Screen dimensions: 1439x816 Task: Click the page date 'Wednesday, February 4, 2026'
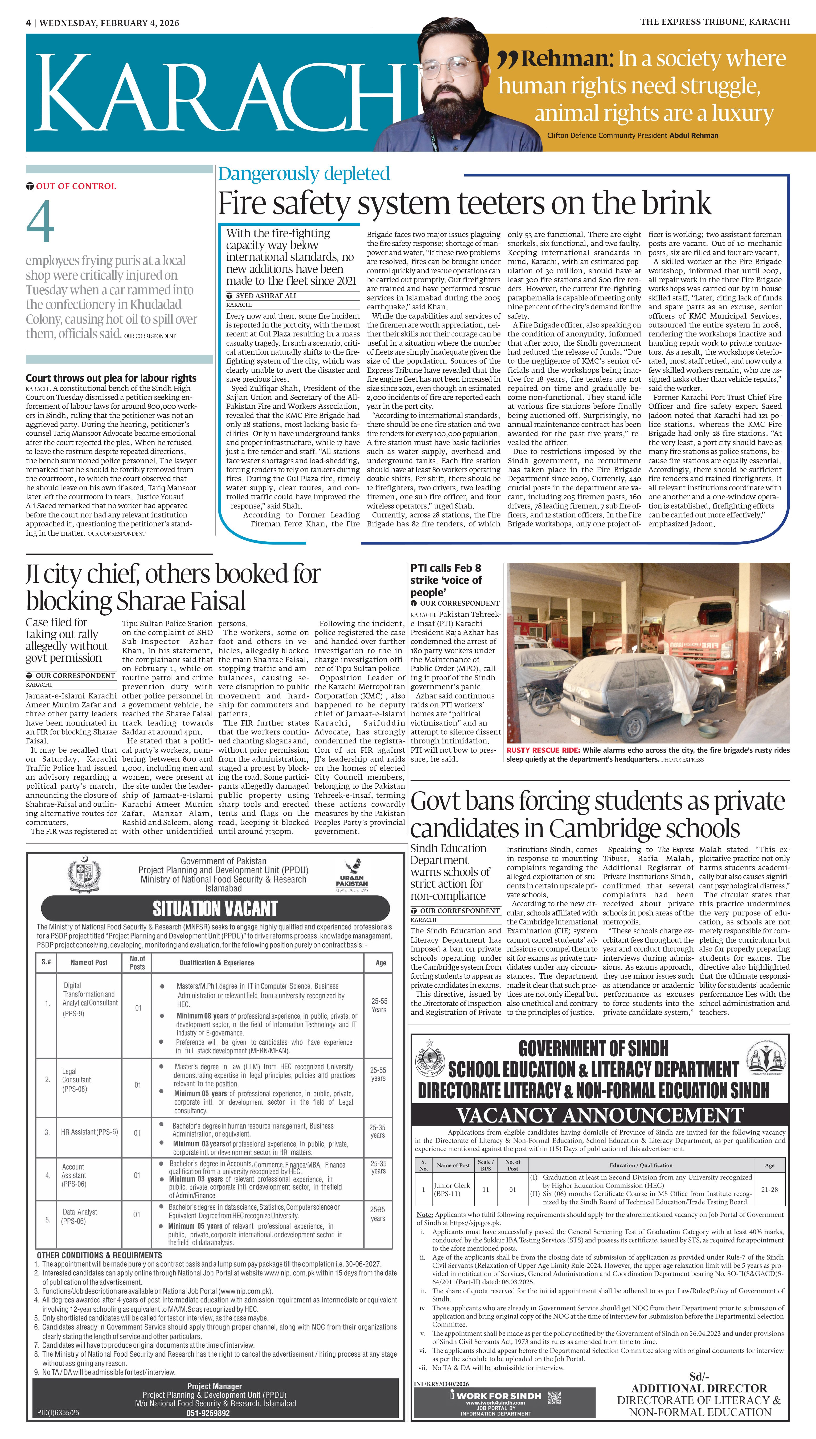(x=109, y=23)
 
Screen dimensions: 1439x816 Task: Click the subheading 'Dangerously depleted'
(x=304, y=174)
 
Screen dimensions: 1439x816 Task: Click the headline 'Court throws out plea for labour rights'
(x=111, y=378)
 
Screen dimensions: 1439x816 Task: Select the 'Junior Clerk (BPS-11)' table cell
(x=447, y=1189)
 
